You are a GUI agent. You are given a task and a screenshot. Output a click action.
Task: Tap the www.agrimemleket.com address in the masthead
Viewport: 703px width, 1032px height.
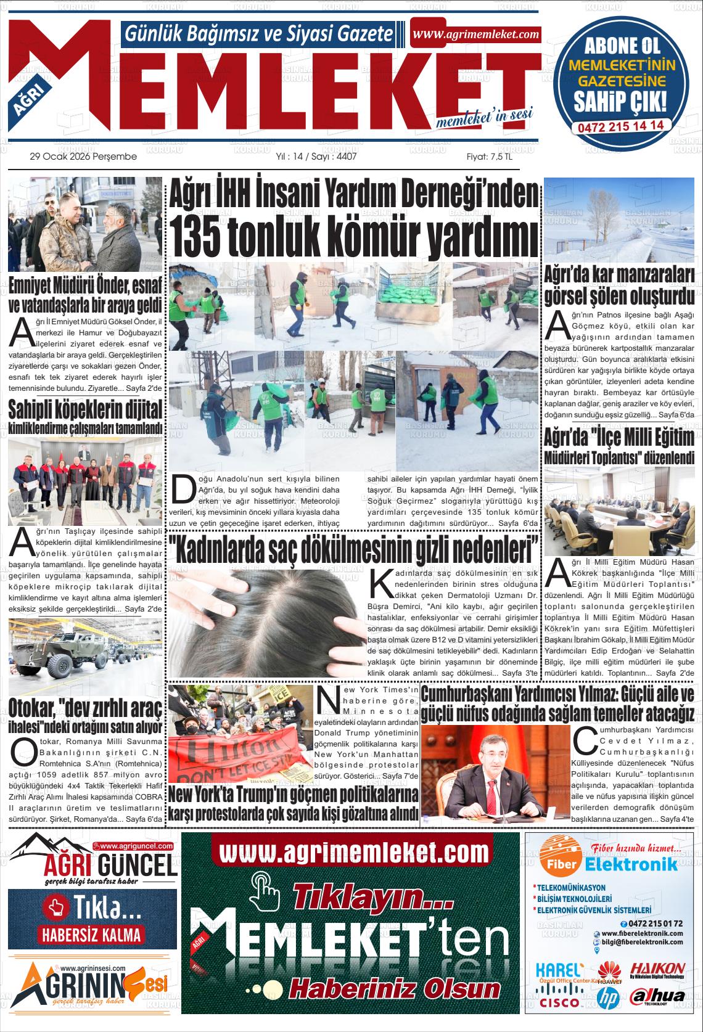click(x=475, y=35)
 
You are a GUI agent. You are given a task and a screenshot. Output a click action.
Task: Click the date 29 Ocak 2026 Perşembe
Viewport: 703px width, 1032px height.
click(x=83, y=157)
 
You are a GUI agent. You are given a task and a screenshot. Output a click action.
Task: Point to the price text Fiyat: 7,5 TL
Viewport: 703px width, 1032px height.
click(x=489, y=157)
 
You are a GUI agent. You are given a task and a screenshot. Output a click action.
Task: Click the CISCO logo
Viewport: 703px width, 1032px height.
click(x=559, y=1002)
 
